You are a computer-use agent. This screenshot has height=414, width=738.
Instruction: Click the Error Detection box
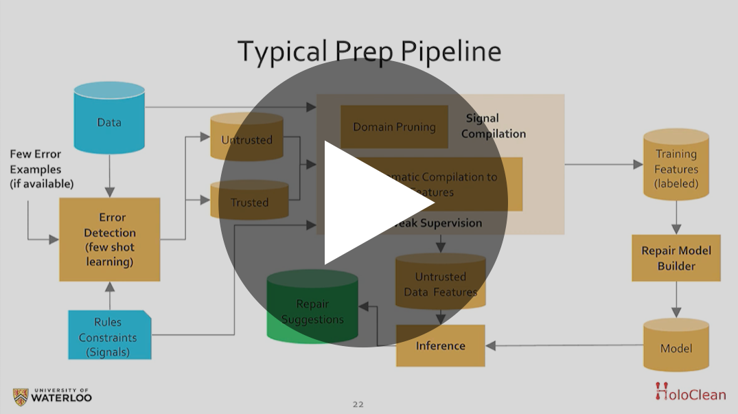[x=110, y=240]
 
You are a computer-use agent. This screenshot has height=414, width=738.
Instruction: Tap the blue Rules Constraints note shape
[x=108, y=336]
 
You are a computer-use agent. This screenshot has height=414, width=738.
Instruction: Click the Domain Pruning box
[x=394, y=127]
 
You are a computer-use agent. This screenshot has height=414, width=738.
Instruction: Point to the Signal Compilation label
[x=493, y=126]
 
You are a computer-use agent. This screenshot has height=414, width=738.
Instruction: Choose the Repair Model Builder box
[x=676, y=258]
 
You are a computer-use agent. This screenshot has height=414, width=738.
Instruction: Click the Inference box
[x=441, y=345]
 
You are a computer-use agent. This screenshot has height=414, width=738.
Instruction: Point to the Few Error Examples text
[x=41, y=169]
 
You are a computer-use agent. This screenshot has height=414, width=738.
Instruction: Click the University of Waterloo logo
[x=52, y=396]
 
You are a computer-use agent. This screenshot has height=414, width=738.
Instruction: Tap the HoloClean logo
[x=690, y=393]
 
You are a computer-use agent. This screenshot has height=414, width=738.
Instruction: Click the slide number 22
[x=358, y=404]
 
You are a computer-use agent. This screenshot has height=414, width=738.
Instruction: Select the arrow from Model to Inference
[x=563, y=345]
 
